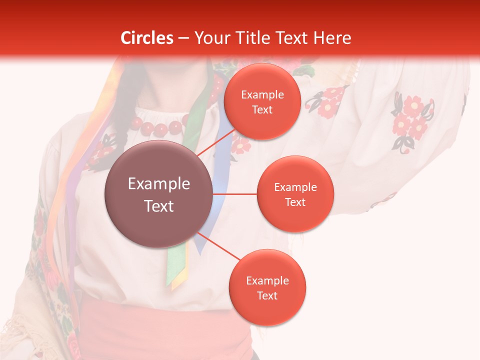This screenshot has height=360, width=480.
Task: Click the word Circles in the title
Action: click(146, 38)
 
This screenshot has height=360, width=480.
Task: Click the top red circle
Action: click(262, 101)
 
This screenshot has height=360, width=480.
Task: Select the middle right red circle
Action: click(295, 194)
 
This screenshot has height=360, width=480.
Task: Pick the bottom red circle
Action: click(267, 287)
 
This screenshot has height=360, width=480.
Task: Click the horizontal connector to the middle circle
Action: click(235, 194)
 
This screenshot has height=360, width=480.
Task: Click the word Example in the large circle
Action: click(159, 184)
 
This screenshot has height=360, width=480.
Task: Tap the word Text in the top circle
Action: click(262, 109)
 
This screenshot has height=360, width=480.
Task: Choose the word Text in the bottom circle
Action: click(267, 295)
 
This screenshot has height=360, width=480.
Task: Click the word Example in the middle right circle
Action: click(295, 187)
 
